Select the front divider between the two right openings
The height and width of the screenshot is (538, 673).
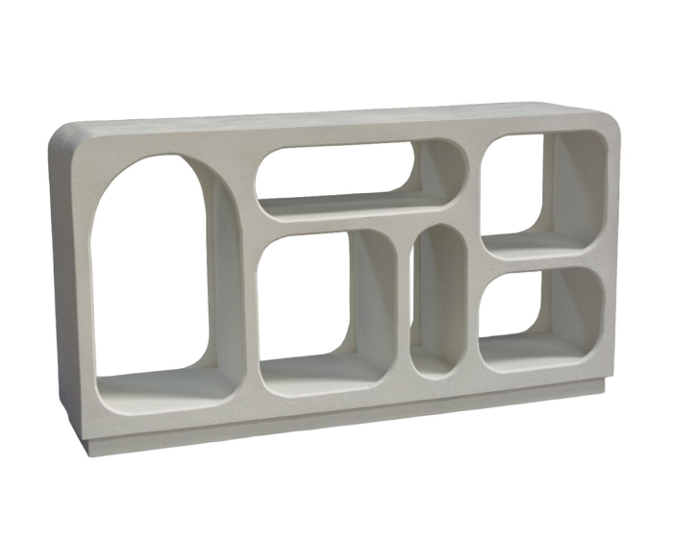543,262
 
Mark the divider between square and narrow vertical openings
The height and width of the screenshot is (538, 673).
403,307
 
